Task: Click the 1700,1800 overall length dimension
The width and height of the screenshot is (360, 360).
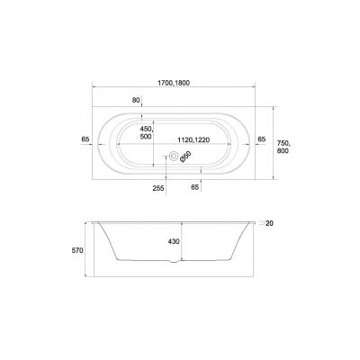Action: [174, 83]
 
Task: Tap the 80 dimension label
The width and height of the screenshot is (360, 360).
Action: [136, 100]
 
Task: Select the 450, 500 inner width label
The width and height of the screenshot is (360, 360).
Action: [147, 132]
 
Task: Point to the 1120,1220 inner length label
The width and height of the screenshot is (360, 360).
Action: [193, 139]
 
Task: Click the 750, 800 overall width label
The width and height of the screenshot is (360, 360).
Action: [283, 147]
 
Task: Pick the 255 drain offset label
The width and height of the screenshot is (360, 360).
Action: [158, 188]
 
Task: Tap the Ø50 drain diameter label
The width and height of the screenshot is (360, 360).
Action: [185, 157]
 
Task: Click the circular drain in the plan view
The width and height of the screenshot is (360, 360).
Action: [173, 156]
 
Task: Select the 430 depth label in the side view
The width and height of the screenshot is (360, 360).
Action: [174, 241]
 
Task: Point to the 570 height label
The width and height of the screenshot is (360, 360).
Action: [77, 250]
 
